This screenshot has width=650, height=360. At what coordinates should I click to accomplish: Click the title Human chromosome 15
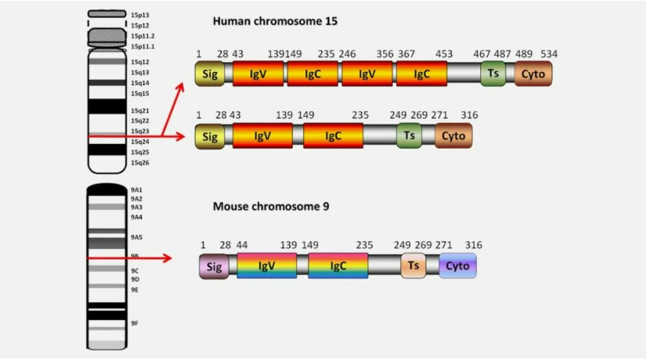click(x=275, y=21)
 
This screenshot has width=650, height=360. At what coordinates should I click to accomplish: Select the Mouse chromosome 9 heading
click(x=271, y=207)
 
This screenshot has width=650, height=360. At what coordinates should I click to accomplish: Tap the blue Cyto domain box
click(x=457, y=265)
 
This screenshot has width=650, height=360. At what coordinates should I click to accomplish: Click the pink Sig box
click(x=214, y=266)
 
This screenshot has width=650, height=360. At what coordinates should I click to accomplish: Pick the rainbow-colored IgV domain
click(x=266, y=265)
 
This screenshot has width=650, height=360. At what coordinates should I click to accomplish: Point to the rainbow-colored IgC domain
click(x=338, y=265)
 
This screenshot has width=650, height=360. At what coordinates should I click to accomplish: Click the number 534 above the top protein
click(x=549, y=54)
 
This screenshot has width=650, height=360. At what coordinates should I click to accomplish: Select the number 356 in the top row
click(x=385, y=54)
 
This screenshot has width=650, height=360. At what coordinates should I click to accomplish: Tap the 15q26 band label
click(x=140, y=163)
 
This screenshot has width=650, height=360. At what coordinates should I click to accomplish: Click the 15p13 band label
click(x=140, y=15)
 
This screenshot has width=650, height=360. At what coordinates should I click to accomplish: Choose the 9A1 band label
click(x=136, y=190)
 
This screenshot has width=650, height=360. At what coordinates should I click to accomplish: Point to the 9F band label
click(x=135, y=323)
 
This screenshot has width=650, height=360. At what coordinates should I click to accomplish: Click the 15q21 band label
click(x=140, y=110)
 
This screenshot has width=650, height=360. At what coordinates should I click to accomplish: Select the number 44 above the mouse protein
click(x=242, y=245)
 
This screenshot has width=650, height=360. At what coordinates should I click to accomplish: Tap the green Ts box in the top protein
click(x=493, y=74)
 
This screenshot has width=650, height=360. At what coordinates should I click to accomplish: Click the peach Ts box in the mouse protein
click(x=413, y=265)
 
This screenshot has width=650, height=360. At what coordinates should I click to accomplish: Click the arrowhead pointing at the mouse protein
click(x=167, y=258)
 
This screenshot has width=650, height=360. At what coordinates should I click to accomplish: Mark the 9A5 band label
click(x=136, y=237)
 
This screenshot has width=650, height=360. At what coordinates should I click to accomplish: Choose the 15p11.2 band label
click(x=143, y=36)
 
